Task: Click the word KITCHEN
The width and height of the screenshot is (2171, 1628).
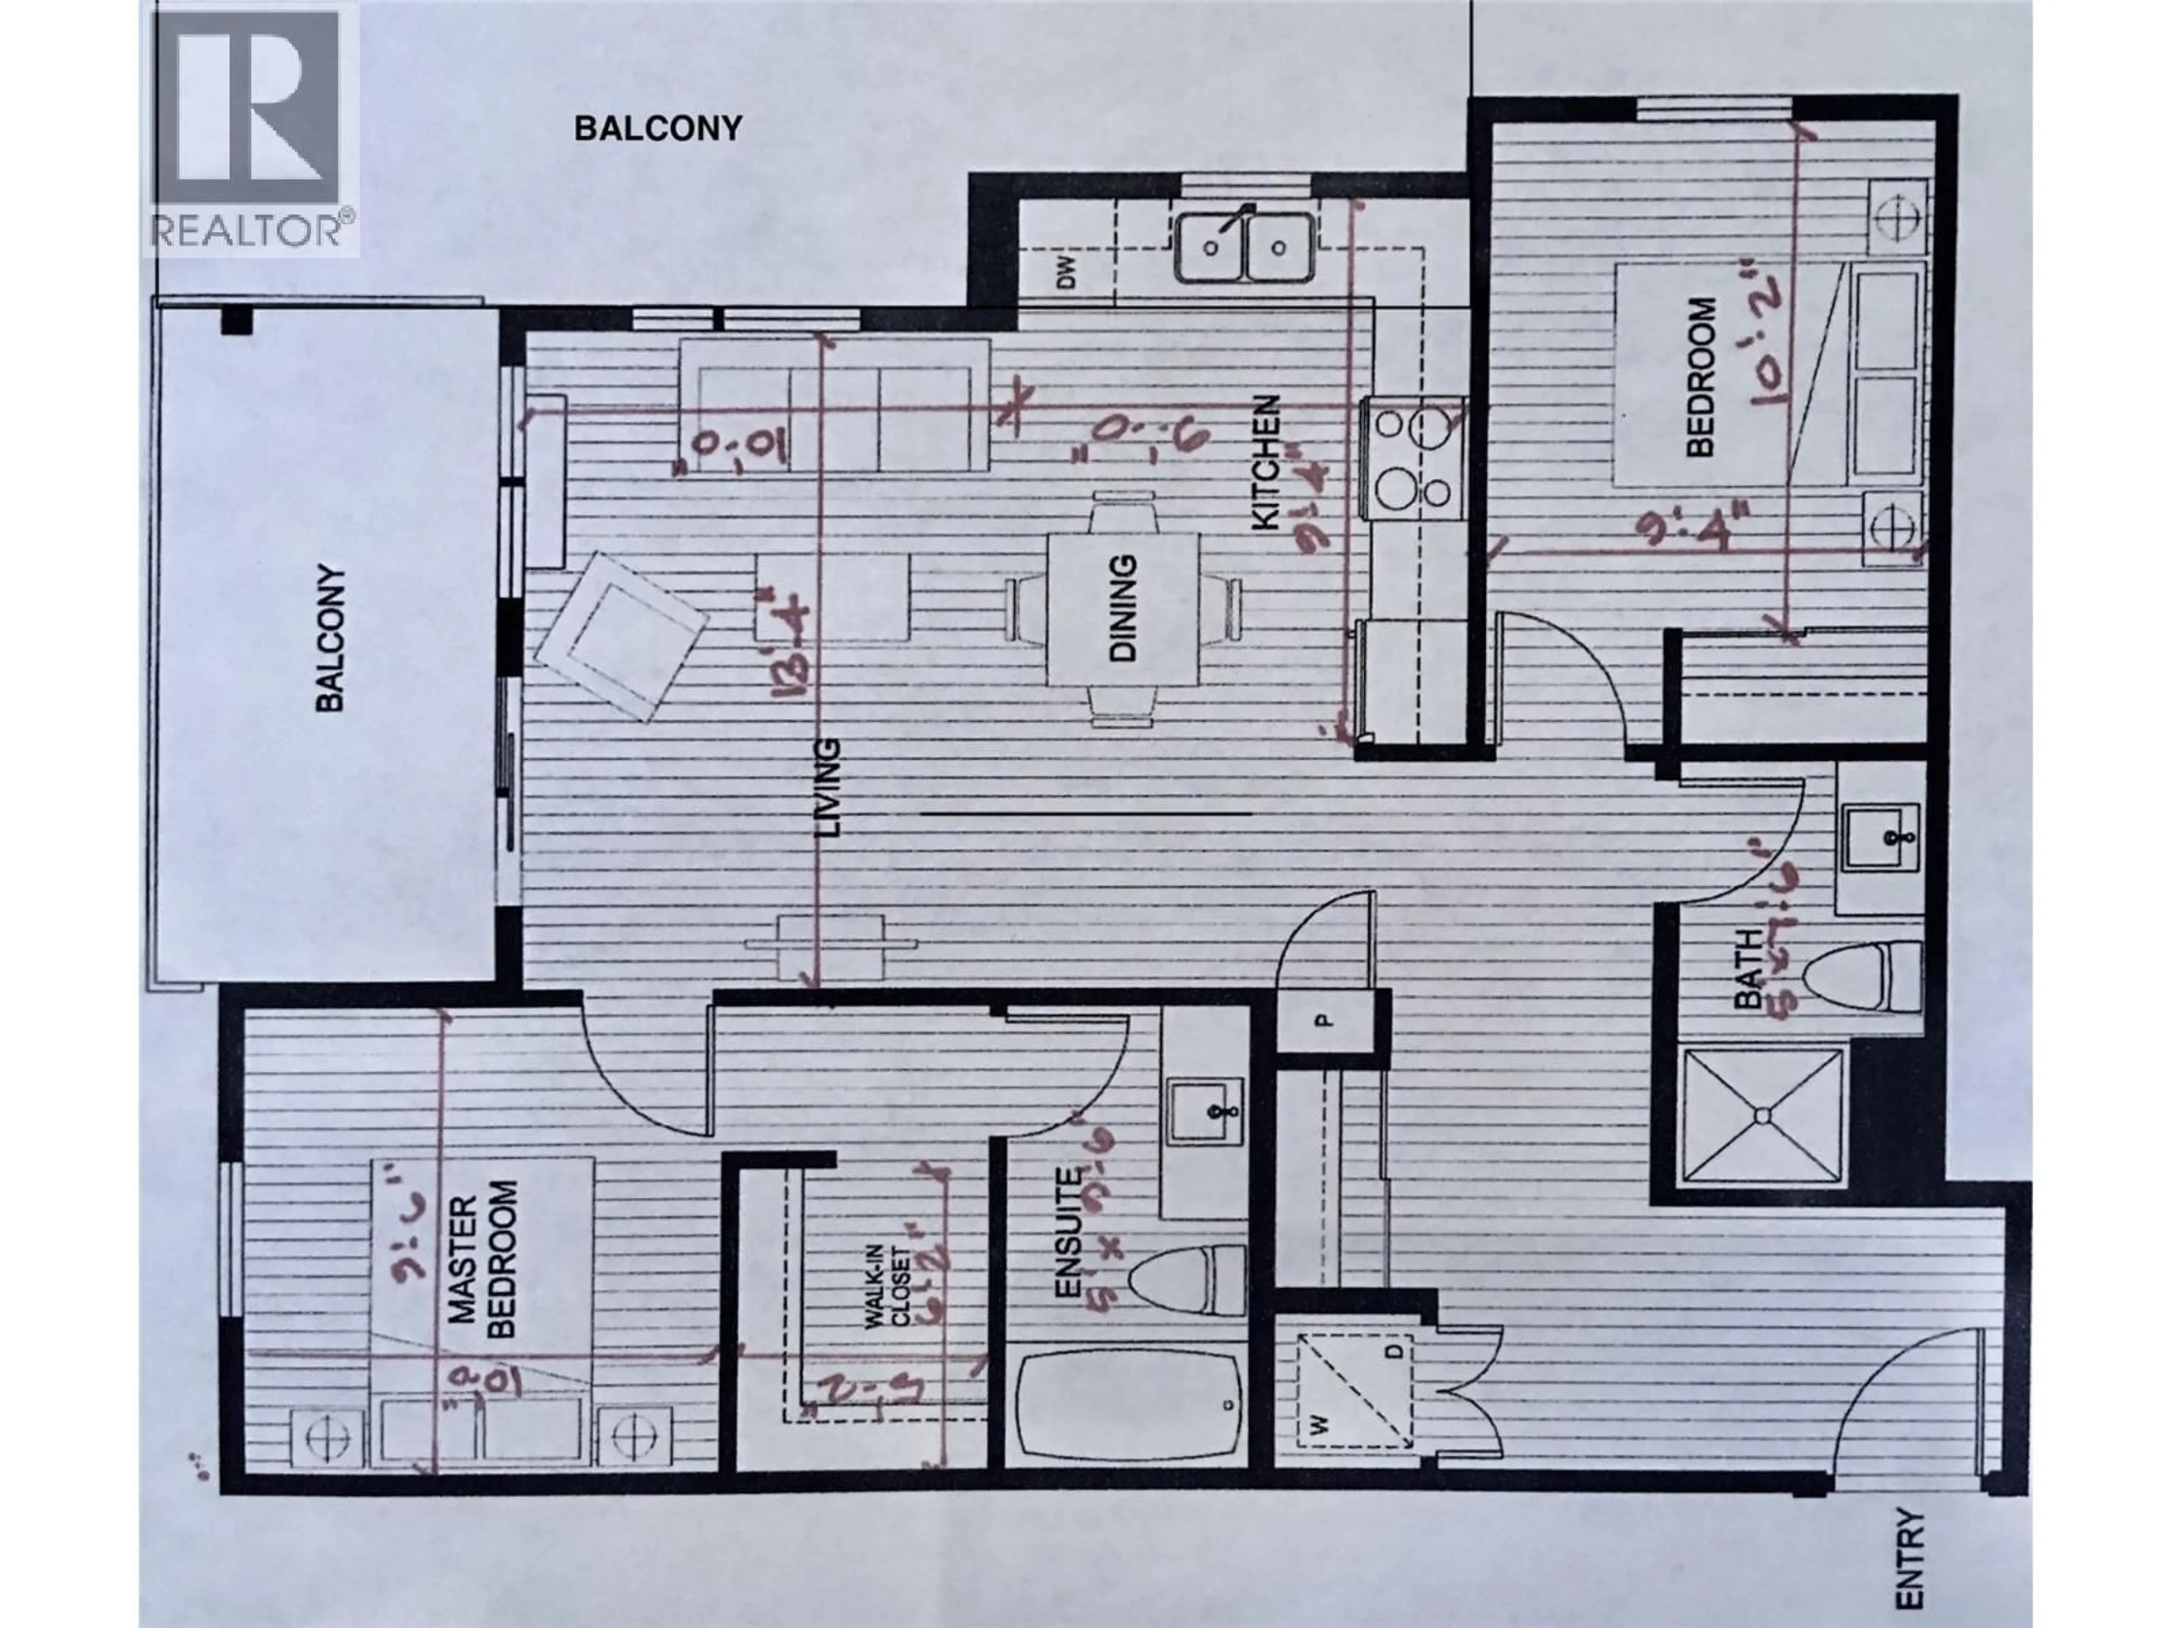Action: click(x=1265, y=463)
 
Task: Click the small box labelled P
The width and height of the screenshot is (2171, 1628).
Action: click(x=1323, y=1020)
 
